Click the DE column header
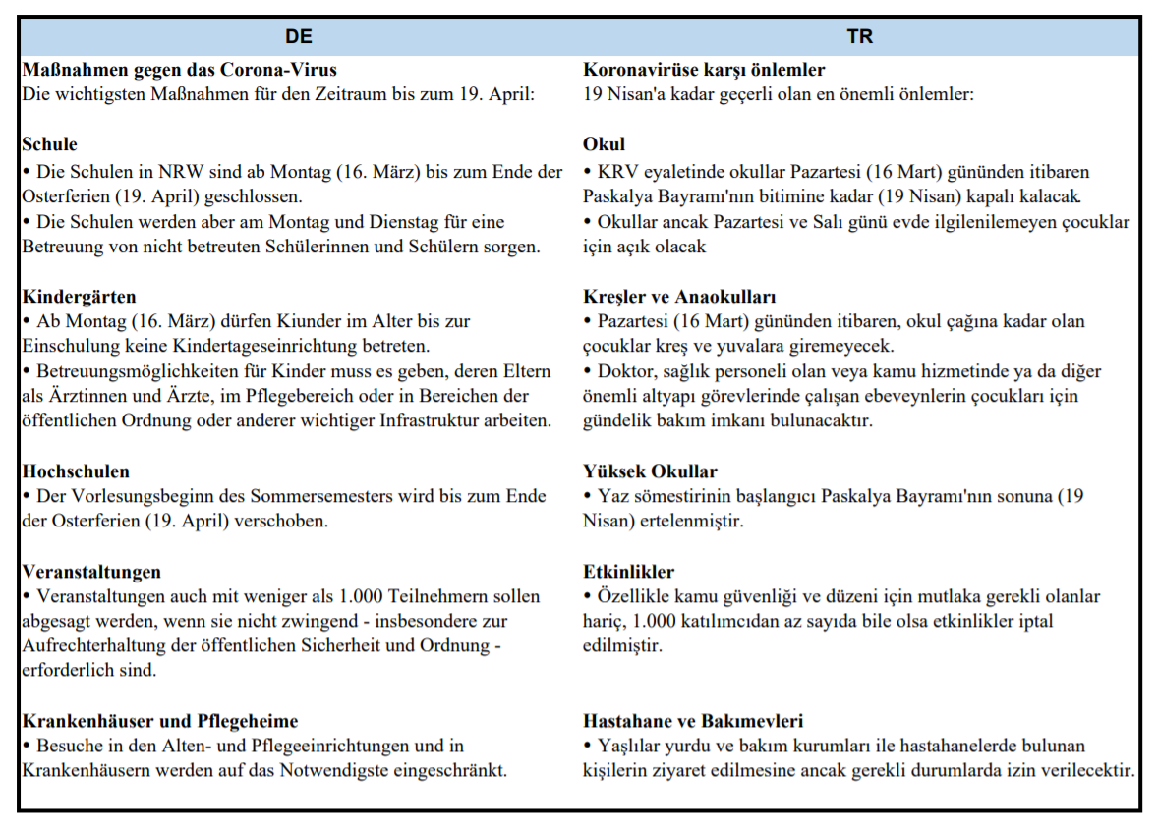pyautogui.click(x=299, y=37)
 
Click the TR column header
pyautogui.click(x=860, y=37)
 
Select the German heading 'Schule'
pyautogui.click(x=49, y=144)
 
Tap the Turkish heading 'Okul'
pyautogui.click(x=604, y=144)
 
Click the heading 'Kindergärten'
pyautogui.click(x=79, y=297)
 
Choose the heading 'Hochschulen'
pyautogui.click(x=76, y=471)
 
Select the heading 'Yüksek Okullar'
pyautogui.click(x=650, y=471)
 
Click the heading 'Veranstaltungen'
pyautogui.click(x=91, y=572)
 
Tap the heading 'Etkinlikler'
pyautogui.click(x=629, y=572)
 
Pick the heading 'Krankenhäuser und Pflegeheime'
pyautogui.click(x=159, y=722)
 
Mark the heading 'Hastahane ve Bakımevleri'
pyautogui.click(x=693, y=722)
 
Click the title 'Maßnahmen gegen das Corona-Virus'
pyautogui.click(x=179, y=70)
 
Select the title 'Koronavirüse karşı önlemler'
pyautogui.click(x=704, y=70)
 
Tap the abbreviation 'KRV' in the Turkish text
pyautogui.click(x=617, y=172)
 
